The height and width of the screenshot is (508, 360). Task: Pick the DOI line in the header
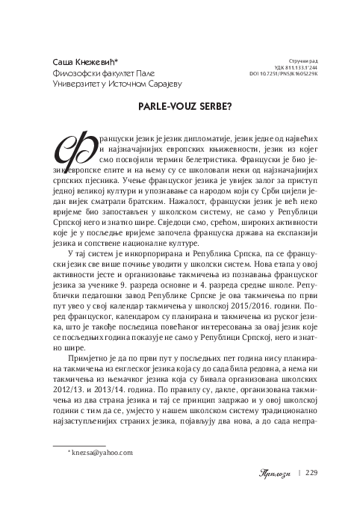[x=285, y=74]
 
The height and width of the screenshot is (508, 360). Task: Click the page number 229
[x=311, y=471]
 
